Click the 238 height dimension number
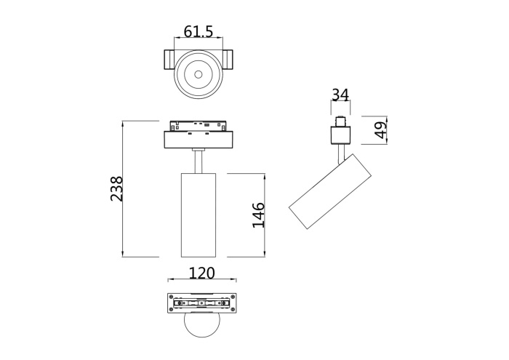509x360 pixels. click(117, 189)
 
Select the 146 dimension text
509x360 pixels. click(258, 215)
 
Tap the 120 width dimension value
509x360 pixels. click(201, 273)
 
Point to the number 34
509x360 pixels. click(340, 95)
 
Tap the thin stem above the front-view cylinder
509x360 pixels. click(199, 161)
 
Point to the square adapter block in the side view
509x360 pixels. click(340, 135)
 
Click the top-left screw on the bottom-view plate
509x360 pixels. click(171, 297)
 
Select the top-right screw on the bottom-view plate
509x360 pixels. click(233, 297)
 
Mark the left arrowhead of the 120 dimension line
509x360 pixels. click(169, 280)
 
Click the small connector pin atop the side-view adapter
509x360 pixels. click(340, 121)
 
